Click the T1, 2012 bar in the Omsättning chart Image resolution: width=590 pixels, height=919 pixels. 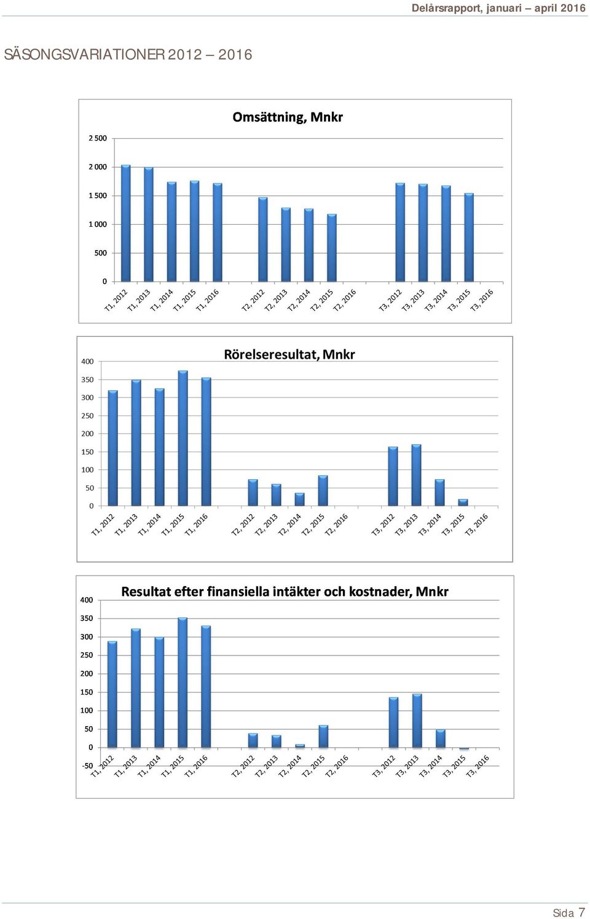[125, 223]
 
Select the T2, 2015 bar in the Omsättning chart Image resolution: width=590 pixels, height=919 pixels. [332, 248]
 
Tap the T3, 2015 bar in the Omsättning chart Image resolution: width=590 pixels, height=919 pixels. [469, 238]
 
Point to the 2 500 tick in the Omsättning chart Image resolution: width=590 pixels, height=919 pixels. [98, 138]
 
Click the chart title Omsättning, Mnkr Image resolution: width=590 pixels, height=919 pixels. [288, 117]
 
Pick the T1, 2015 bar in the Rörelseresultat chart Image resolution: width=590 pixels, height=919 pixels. [183, 438]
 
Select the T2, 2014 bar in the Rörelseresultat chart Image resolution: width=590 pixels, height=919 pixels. [300, 499]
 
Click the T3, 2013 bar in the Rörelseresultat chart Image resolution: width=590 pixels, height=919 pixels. [416, 475]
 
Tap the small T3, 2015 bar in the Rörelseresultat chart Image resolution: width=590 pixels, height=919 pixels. [463, 503]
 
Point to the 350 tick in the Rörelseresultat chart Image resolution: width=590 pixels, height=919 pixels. [87, 380]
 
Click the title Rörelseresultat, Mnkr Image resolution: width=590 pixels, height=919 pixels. [289, 354]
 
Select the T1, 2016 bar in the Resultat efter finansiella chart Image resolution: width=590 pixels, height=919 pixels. [206, 686]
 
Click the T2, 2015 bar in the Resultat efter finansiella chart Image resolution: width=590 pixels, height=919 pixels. [323, 737]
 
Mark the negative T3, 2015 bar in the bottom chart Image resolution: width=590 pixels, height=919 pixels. [464, 749]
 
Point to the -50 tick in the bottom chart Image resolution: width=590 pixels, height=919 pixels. [87, 765]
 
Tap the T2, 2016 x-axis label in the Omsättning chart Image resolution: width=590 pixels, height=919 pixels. [344, 301]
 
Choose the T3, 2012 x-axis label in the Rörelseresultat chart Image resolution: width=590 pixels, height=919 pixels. [383, 525]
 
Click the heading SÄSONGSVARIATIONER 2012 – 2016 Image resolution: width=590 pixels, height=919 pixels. [128, 55]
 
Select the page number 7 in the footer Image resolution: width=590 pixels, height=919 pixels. [581, 912]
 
